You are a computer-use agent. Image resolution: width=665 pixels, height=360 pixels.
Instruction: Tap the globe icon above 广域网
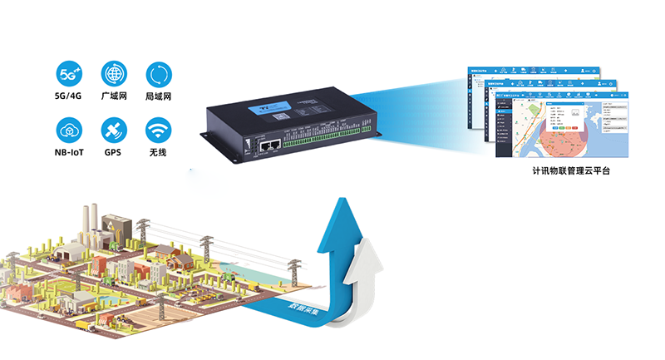coord(113,73)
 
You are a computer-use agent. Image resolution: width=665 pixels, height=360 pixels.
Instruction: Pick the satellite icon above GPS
coord(113,131)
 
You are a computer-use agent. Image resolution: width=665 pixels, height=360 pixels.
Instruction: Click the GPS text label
coord(113,154)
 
